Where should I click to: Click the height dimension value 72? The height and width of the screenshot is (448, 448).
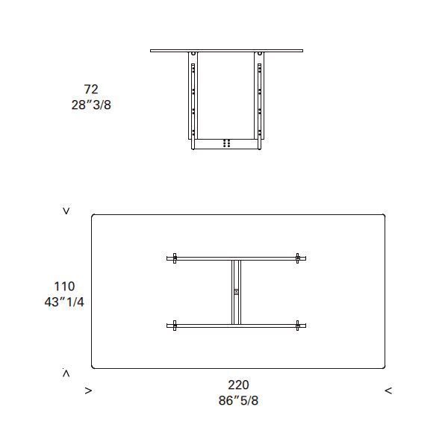pyautogui.click(x=91, y=89)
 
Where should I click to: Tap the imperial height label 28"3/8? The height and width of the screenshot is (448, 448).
pyautogui.click(x=91, y=105)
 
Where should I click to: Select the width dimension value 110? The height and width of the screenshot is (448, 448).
pyautogui.click(x=64, y=286)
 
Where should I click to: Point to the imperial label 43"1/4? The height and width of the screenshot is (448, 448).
pyautogui.click(x=64, y=302)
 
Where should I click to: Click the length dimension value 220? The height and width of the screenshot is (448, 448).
pyautogui.click(x=238, y=385)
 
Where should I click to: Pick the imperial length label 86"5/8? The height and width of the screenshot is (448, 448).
pyautogui.click(x=238, y=400)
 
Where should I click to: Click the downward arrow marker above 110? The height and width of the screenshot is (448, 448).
pyautogui.click(x=66, y=211)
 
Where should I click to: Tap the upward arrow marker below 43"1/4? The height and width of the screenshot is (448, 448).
pyautogui.click(x=66, y=373)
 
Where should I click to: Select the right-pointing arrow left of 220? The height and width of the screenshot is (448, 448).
pyautogui.click(x=89, y=391)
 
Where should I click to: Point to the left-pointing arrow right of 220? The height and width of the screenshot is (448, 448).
pyautogui.click(x=388, y=391)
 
